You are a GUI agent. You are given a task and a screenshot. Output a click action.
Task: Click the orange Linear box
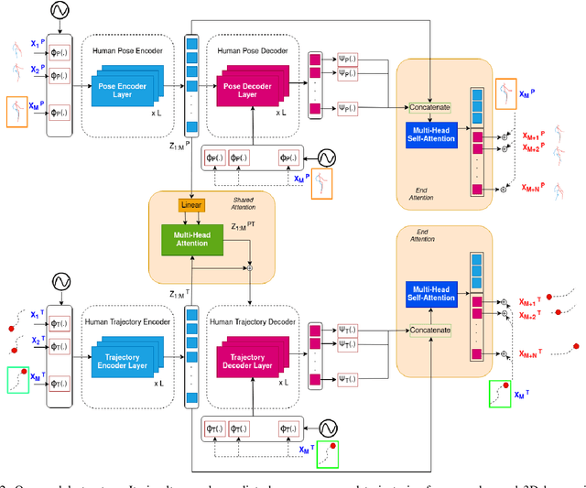(191, 205)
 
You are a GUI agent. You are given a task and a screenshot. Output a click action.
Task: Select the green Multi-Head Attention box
(191, 240)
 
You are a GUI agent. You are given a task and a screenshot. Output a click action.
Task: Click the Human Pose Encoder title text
(127, 50)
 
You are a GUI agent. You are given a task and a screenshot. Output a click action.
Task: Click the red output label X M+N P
(537, 187)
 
